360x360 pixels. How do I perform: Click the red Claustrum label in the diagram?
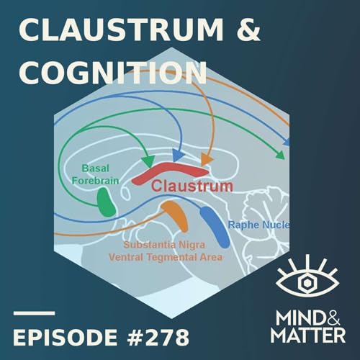(x=192, y=186)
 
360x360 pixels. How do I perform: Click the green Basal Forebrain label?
(x=95, y=175)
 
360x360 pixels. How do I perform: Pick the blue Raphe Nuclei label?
(x=258, y=225)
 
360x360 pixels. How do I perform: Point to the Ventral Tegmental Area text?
(x=166, y=256)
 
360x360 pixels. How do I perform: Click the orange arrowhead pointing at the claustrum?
(x=206, y=160)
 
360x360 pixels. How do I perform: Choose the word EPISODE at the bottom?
(x=63, y=336)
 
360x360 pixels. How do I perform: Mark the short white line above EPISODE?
(x=34, y=313)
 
